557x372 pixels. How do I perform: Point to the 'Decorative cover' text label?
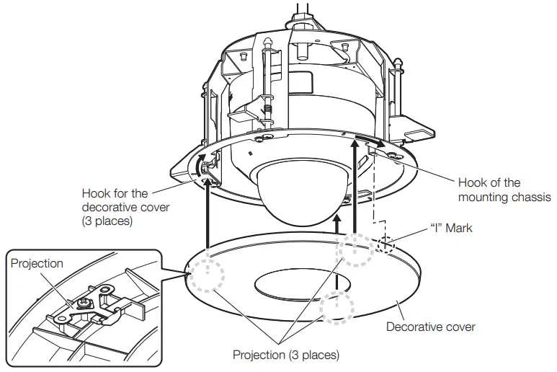(x=430, y=327)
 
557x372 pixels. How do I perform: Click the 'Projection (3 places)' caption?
(x=285, y=355)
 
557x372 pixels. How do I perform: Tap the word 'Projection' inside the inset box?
(x=37, y=263)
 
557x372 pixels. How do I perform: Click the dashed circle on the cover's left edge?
(x=205, y=275)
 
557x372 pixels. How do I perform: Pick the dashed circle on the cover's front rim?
(x=337, y=308)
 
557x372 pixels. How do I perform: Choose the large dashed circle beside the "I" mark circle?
(x=355, y=249)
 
